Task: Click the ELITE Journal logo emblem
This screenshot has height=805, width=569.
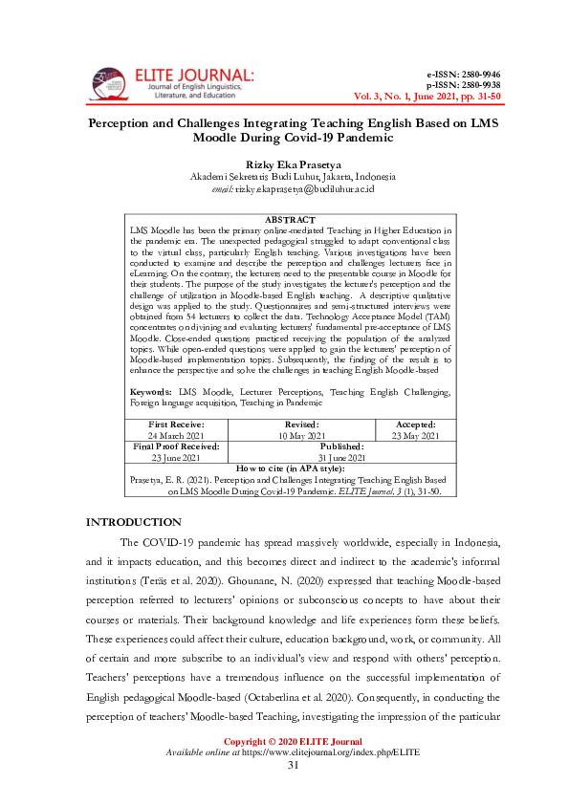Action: pyautogui.click(x=106, y=83)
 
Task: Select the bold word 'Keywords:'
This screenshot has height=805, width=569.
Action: pyautogui.click(x=151, y=393)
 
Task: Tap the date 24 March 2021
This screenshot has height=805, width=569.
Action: pyautogui.click(x=176, y=436)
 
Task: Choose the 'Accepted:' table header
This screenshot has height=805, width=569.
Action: pyautogui.click(x=415, y=424)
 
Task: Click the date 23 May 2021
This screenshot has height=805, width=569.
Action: pyautogui.click(x=415, y=436)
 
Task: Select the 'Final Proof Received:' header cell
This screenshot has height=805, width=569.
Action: pyautogui.click(x=176, y=446)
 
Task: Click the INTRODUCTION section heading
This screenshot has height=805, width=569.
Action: pyautogui.click(x=134, y=522)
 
